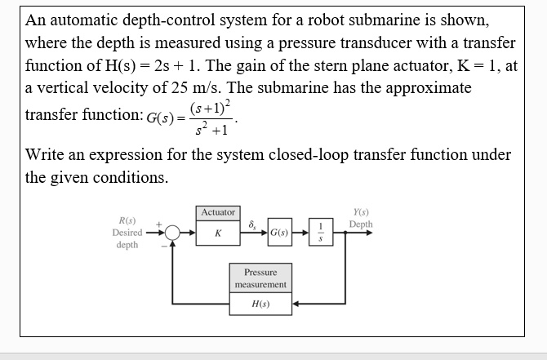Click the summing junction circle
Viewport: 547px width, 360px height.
click(x=172, y=233)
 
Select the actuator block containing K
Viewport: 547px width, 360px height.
click(x=217, y=233)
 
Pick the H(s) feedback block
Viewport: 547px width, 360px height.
click(x=260, y=304)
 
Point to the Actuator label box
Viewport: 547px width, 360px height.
click(x=217, y=212)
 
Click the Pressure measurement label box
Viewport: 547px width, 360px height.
click(x=260, y=278)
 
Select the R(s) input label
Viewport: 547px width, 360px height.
click(x=127, y=220)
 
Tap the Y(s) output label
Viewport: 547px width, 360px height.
click(x=360, y=211)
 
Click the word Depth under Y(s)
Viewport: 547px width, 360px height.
click(x=360, y=224)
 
